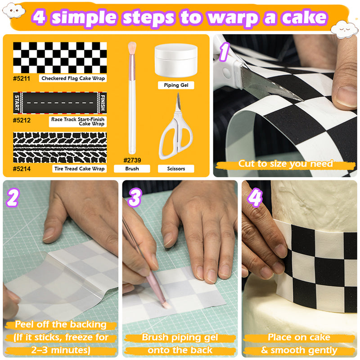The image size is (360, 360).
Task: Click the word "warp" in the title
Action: pos(234,18)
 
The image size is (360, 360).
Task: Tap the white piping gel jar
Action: pos(176,60)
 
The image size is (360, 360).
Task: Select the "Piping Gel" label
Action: pos(176,85)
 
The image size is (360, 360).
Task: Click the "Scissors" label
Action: pos(176,168)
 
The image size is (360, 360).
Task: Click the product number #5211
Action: pos(21,78)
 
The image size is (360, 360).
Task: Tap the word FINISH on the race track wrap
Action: pos(103,103)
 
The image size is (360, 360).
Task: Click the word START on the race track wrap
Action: pos(17,103)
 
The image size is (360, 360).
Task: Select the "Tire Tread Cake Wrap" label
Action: pos(80,168)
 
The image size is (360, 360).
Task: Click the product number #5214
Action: pos(22,169)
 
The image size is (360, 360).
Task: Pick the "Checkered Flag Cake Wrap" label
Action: pos(73,78)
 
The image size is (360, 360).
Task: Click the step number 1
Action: pos(224,52)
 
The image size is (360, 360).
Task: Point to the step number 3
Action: pos(135,198)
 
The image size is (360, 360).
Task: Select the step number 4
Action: pos(255,198)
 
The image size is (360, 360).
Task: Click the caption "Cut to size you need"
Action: pos(285,164)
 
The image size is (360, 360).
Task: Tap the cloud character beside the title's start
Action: pos(14,10)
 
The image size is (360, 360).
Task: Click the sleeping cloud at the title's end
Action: pos(344,29)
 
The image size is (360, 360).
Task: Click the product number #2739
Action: pos(132,160)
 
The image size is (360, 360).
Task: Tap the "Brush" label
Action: pos(132,168)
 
